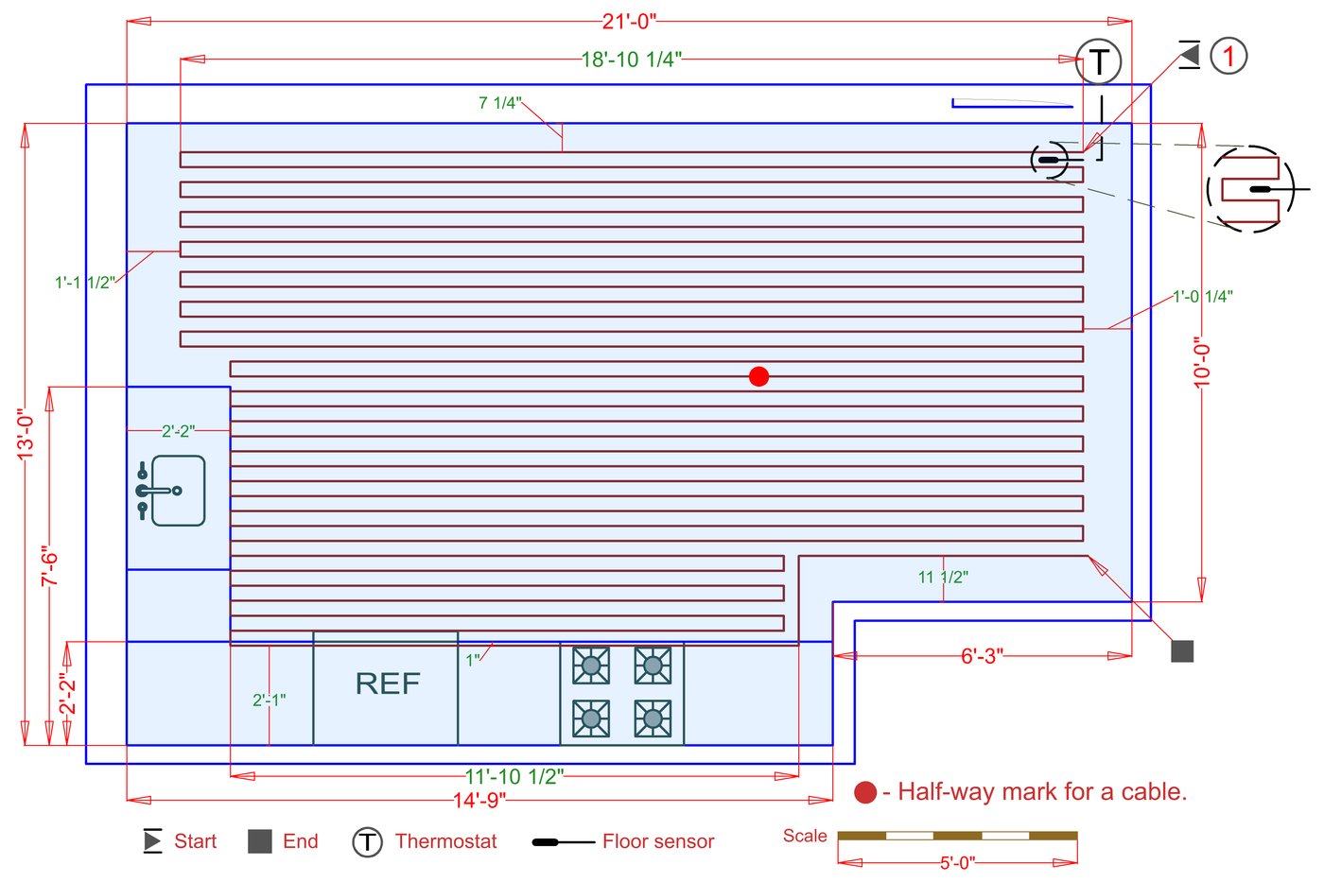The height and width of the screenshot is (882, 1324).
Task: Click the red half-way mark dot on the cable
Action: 758,376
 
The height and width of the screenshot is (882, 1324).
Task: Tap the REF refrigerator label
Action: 387,683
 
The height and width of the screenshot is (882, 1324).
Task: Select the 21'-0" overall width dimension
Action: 629,21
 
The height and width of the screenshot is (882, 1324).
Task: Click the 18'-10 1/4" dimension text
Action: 631,60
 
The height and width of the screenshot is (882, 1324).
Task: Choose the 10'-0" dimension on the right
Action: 1202,362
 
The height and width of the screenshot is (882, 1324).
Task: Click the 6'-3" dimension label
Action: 982,656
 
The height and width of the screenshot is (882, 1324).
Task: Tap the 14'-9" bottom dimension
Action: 479,801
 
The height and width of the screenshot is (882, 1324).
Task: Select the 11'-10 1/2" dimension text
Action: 514,777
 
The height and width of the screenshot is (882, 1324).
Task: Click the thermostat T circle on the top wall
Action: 1099,62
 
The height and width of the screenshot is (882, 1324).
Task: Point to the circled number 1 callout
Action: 1228,56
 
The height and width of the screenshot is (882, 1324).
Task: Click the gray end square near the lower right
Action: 1182,651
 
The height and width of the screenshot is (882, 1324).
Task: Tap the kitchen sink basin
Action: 178,491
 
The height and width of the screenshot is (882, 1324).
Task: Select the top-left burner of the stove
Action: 591,666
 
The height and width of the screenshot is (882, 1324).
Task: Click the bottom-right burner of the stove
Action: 653,718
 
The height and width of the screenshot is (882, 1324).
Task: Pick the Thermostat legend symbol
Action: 368,841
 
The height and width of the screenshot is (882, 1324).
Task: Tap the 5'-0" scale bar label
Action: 957,863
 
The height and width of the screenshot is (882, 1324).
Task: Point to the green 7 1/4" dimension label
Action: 499,103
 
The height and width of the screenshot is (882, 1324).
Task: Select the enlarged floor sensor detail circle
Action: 1249,189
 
